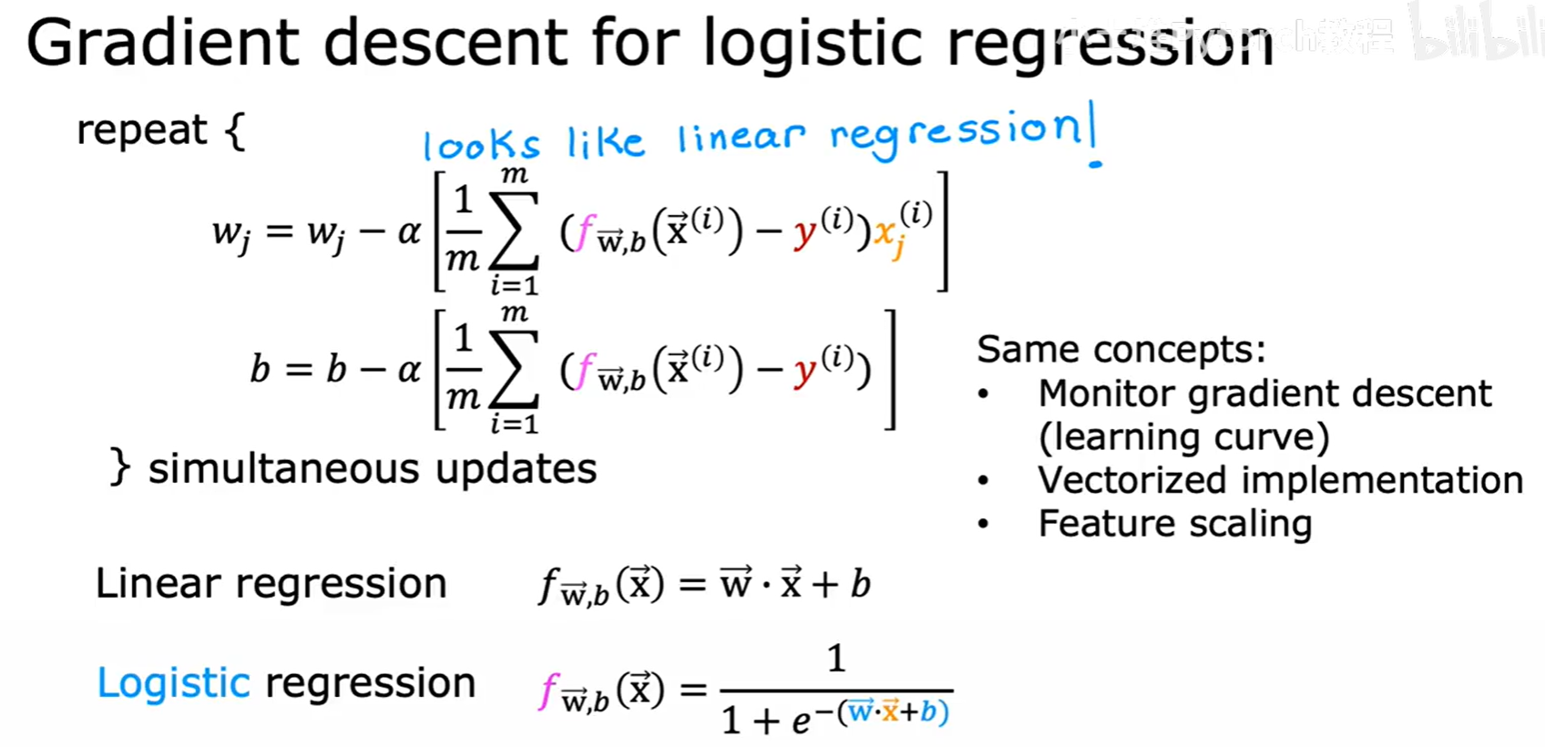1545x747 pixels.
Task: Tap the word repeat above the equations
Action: pos(141,130)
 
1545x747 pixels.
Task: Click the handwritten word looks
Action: pos(481,145)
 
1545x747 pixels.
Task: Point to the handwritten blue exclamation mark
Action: pos(1093,137)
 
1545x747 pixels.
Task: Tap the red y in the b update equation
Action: pos(804,373)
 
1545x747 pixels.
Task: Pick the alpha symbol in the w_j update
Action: pos(409,232)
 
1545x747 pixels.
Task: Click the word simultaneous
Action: pos(285,469)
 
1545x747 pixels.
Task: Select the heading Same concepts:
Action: pos(1120,349)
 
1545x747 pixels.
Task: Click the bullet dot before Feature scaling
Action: pos(983,524)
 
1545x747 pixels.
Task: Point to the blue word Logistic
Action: pos(173,683)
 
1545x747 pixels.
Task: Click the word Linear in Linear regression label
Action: pos(158,583)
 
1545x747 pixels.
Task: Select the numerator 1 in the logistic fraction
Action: pos(835,658)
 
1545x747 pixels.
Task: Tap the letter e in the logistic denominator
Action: pos(801,721)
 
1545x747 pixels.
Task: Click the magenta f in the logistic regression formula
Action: pos(547,690)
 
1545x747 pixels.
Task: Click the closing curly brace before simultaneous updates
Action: pos(119,468)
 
